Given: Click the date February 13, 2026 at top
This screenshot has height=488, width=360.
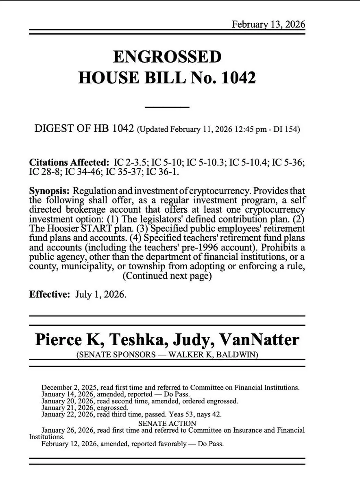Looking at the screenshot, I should click(268, 24).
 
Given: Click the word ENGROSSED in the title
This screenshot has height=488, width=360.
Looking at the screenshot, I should click(167, 57).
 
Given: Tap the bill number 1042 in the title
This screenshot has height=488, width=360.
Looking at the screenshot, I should click(234, 77).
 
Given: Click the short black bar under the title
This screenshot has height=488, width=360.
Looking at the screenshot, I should click(167, 107).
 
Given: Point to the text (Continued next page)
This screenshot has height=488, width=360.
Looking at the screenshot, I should click(167, 276).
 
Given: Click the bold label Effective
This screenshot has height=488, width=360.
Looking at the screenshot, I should click(50, 294).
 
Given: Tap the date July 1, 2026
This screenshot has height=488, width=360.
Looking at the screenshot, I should click(100, 294).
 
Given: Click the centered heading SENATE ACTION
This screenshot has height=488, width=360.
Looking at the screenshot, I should click(167, 423).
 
